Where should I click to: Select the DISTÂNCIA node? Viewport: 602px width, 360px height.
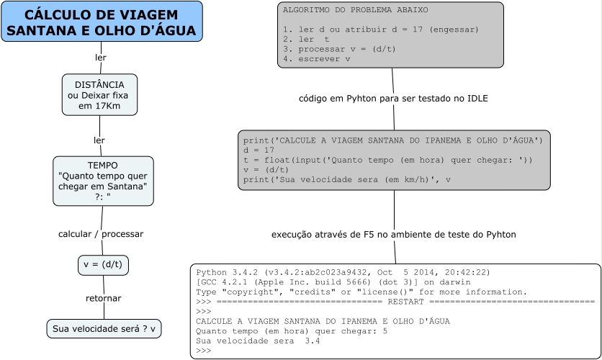pos(99,94)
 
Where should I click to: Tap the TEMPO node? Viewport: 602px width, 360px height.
pos(103,181)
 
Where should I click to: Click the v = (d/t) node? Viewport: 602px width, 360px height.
pos(103,265)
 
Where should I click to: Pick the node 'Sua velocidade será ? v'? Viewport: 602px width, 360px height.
pos(104,329)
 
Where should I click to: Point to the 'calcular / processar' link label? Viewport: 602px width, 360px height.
pos(101,234)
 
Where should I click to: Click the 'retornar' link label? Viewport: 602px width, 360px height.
pos(103,298)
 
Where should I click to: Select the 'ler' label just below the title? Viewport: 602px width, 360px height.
pos(101,57)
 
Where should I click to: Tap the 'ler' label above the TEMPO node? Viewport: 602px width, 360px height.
pos(99,140)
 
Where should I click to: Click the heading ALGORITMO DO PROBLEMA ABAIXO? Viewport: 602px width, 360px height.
pos(355,11)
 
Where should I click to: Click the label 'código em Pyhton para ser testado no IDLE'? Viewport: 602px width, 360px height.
pos(393,99)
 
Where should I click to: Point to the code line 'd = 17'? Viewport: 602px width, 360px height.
pos(255,150)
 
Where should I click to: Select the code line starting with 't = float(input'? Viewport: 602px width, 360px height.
pos(387,160)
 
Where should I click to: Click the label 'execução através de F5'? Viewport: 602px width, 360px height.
pos(393,235)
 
